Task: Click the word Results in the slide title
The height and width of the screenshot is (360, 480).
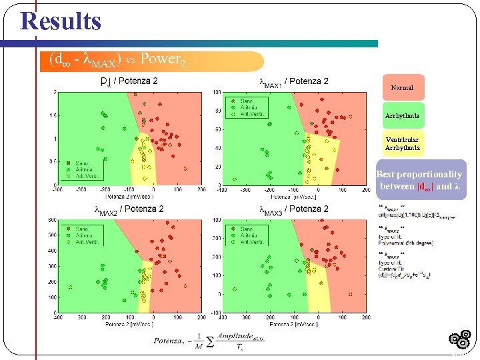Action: [x=61, y=21]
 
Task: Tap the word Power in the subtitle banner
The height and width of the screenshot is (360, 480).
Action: [x=160, y=59]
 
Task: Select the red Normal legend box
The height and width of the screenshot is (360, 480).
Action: [x=402, y=87]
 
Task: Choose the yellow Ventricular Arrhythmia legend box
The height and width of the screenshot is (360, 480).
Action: [x=402, y=144]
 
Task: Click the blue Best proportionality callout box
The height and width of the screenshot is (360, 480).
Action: [x=421, y=181]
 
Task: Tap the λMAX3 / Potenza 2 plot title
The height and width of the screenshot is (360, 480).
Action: [x=293, y=209]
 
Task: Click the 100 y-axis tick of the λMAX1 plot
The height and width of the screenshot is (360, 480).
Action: [x=217, y=92]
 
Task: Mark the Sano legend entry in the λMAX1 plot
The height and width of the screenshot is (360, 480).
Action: [x=244, y=101]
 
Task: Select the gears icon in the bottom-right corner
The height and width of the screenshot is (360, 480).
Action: [x=461, y=340]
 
